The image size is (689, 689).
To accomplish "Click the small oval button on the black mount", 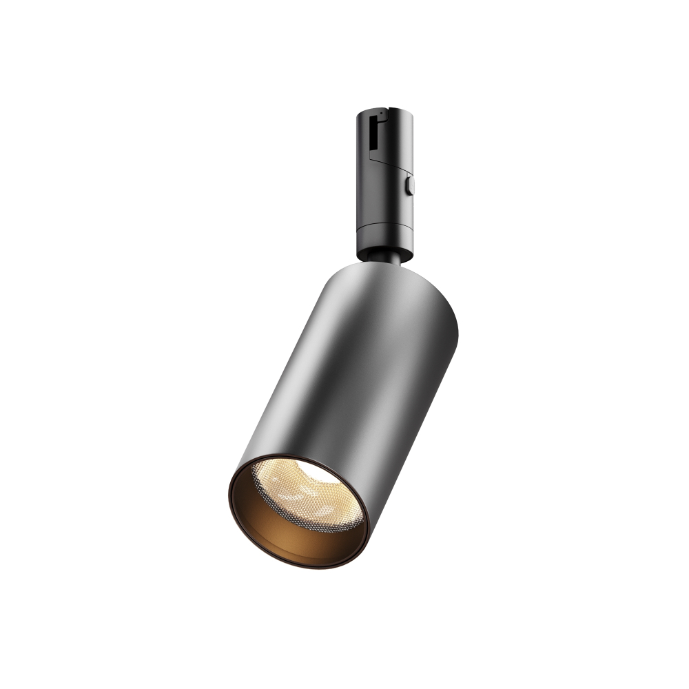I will [411, 185].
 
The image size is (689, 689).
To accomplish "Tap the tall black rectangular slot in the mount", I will [373, 135].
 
